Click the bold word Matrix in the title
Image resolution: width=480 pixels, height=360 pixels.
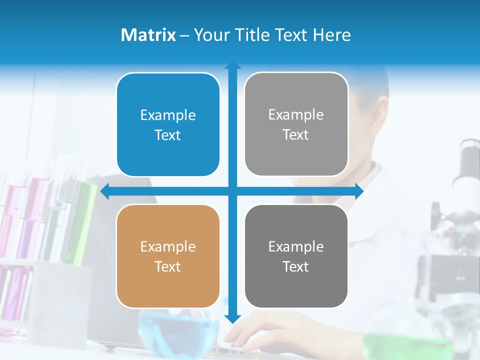click(x=148, y=35)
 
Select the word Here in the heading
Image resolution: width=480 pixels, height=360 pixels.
click(x=332, y=35)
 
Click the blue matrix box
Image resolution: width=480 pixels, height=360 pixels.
click(x=168, y=125)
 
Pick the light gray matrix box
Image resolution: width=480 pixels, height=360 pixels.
click(x=296, y=124)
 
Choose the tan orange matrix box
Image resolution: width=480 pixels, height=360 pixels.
click(x=168, y=256)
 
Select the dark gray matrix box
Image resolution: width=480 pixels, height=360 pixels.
click(x=296, y=256)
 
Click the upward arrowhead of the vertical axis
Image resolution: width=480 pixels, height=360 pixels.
click(x=232, y=65)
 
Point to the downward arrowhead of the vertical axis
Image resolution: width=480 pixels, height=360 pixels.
click(x=232, y=318)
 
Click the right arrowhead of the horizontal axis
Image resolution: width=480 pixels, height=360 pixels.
click(x=359, y=191)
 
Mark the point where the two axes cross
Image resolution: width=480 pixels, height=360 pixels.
click(x=232, y=191)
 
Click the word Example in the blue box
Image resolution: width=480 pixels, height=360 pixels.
click(x=168, y=115)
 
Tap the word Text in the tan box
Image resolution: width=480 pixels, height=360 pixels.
click(x=168, y=266)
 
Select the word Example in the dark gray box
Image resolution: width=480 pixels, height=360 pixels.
click(x=296, y=246)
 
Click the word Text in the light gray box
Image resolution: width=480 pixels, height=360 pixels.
click(x=296, y=134)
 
